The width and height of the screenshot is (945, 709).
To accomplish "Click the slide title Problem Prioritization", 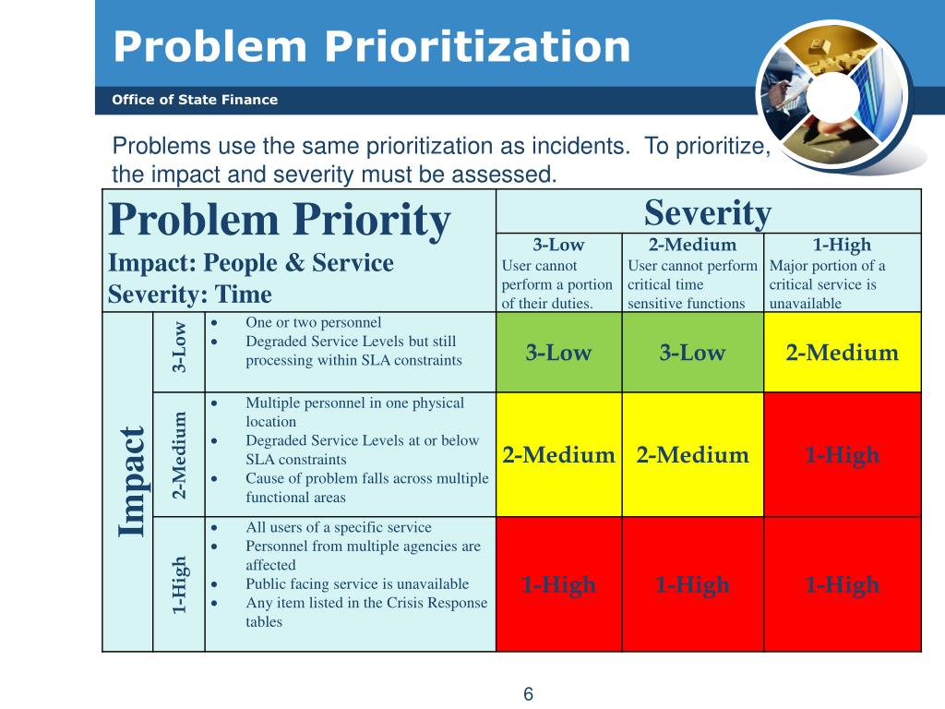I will tap(372, 46).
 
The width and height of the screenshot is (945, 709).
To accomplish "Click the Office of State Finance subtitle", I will tap(195, 100).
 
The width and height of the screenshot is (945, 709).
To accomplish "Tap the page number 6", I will tap(529, 694).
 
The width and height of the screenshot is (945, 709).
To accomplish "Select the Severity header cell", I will tap(708, 212).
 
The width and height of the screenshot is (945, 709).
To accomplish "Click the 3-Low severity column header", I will tap(559, 246).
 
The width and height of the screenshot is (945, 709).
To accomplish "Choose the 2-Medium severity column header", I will tap(692, 246).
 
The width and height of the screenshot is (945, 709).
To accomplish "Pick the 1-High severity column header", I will tap(842, 246).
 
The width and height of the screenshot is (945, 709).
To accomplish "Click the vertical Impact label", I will tap(132, 482).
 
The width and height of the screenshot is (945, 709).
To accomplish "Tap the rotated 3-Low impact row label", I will tap(180, 347).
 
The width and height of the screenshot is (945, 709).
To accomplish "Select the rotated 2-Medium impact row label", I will tap(180, 454).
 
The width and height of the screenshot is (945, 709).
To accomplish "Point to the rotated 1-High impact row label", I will tap(180, 584).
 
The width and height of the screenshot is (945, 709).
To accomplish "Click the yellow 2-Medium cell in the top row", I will tap(842, 353).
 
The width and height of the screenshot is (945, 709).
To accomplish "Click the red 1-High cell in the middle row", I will tap(842, 455).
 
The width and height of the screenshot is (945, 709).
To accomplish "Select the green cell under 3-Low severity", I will tap(559, 353).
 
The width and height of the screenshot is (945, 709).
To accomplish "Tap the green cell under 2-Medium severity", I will tap(692, 353).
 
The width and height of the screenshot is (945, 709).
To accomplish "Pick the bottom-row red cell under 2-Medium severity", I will tap(692, 584).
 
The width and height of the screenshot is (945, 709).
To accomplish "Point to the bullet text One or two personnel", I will tap(313, 322).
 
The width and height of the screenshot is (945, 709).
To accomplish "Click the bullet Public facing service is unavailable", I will tap(357, 583).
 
